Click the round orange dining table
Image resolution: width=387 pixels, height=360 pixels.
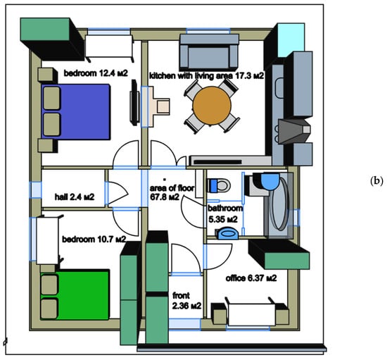(x=212, y=106)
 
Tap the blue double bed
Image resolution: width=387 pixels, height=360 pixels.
(x=76, y=112)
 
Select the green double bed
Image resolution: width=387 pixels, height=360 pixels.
(x=75, y=294)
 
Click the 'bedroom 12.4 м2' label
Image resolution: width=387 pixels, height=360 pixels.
(x=96, y=73)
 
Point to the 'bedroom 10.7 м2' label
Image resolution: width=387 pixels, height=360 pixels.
(x=94, y=239)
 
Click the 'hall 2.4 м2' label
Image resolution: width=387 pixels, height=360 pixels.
(x=75, y=197)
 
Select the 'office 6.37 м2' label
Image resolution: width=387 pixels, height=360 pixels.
(x=251, y=278)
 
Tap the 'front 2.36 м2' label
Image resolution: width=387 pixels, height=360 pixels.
(x=186, y=301)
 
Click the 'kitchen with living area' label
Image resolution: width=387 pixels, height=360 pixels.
(x=191, y=75)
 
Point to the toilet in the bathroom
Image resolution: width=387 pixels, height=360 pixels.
(x=219, y=185)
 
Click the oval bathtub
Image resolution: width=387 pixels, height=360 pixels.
(x=279, y=204)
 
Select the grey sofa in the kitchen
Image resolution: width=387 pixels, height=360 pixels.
(x=209, y=52)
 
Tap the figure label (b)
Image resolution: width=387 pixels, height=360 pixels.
(x=377, y=181)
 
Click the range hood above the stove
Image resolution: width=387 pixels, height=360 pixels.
(x=294, y=131)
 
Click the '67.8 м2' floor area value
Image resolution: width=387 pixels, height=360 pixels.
(x=165, y=197)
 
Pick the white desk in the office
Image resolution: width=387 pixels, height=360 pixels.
(x=251, y=314)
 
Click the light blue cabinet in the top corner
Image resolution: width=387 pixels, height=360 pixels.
(x=291, y=40)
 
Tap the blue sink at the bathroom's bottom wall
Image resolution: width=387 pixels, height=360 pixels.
(x=228, y=234)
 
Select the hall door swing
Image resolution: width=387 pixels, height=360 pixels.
(x=118, y=194)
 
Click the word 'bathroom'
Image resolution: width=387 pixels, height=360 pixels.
(x=225, y=209)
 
